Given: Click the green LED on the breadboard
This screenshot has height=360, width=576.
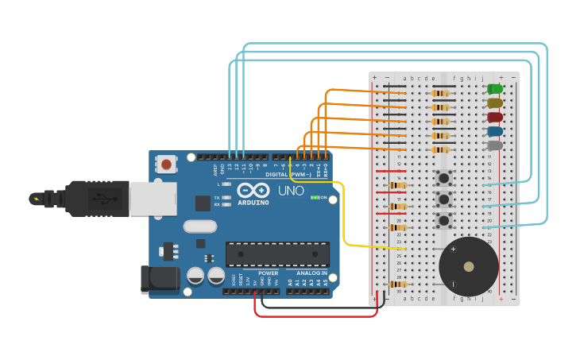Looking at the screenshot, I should tap(495, 89).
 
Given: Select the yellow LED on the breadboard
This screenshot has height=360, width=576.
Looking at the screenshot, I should tap(495, 103).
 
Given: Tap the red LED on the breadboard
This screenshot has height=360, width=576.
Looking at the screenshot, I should tap(495, 118).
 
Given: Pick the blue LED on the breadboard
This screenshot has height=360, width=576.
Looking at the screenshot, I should tap(495, 132).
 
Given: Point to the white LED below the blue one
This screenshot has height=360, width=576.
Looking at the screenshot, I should tap(495, 145).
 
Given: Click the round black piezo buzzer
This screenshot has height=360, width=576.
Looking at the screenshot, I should tap(468, 266).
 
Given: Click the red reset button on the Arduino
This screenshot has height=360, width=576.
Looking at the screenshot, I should tap(166, 165).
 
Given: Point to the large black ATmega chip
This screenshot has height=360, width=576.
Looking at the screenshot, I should tap(277, 254).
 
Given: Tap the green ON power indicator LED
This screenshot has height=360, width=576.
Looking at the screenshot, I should tap(315, 197).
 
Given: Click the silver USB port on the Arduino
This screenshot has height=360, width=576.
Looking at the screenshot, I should tap(153, 199).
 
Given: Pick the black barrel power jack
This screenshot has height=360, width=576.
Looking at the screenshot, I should tap(159, 278).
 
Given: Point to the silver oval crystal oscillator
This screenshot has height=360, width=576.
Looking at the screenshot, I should tap(199, 226).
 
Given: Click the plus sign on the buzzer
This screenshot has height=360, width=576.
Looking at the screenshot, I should tap(454, 249).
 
